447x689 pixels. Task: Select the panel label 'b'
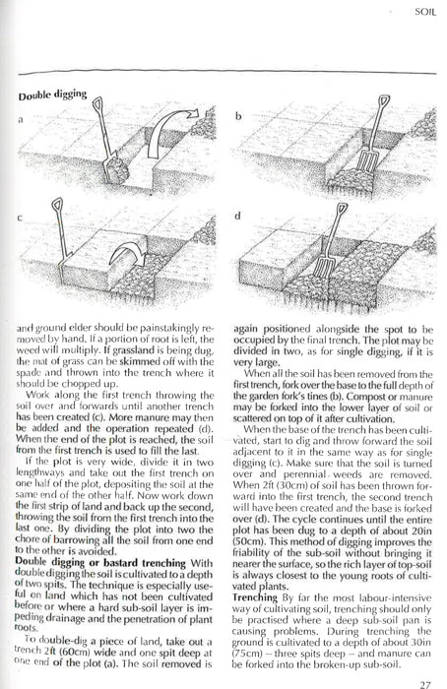pos(237,118)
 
